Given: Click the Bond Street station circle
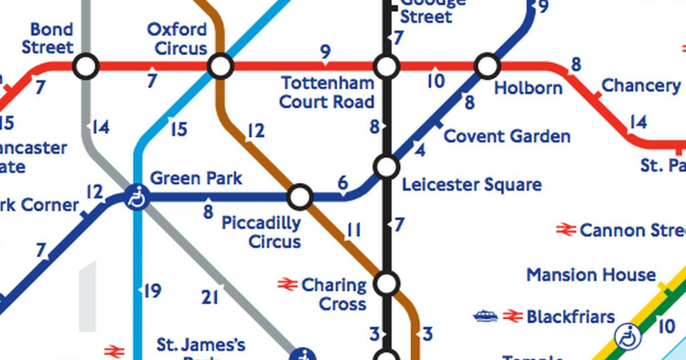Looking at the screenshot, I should tap(86, 67).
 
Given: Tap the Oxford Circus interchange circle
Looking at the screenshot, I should tap(221, 67).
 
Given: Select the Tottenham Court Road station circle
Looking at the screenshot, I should tap(386, 67).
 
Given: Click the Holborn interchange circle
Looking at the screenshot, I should tap(487, 66).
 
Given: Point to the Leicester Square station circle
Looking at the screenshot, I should tap(386, 167).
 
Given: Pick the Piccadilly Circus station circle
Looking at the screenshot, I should tap(300, 197).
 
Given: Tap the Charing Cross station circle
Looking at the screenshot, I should tap(386, 283).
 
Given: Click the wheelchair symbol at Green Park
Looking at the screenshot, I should tap(137, 198).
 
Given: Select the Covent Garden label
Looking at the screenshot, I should tap(506, 137).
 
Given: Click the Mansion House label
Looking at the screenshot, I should tap(591, 275).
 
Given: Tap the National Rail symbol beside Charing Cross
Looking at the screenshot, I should tap(287, 284).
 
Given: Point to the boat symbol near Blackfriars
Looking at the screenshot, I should tap(485, 316).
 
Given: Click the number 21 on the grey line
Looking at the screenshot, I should tap(210, 297).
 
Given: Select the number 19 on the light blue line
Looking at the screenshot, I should tap(151, 291).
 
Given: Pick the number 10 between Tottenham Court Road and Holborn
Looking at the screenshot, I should tap(436, 81).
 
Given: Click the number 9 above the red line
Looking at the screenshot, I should tap(325, 53).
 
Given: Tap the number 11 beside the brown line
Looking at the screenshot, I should tap(354, 230).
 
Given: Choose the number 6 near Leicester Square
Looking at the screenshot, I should tap(343, 183).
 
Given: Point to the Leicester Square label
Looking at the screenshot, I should tap(472, 185).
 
